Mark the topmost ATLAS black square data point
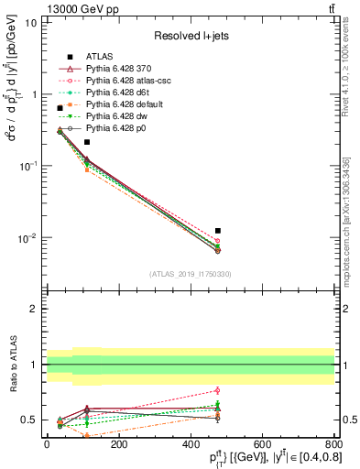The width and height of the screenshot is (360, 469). click(x=60, y=108)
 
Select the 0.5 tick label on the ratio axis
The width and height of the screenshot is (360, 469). click(x=29, y=420)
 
